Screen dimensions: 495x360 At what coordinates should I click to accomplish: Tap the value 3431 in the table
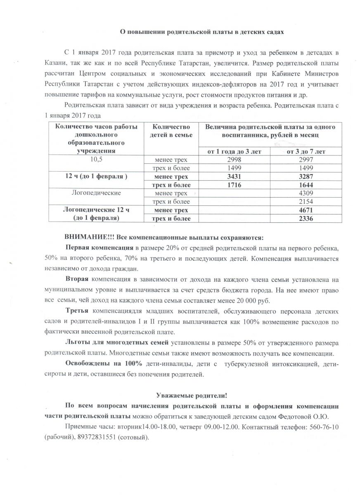pyautogui.click(x=233, y=177)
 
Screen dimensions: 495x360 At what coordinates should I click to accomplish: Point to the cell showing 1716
pyautogui.click(x=233, y=185)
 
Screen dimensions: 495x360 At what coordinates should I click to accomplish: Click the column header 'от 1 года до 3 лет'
pyautogui.click(x=234, y=151)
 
